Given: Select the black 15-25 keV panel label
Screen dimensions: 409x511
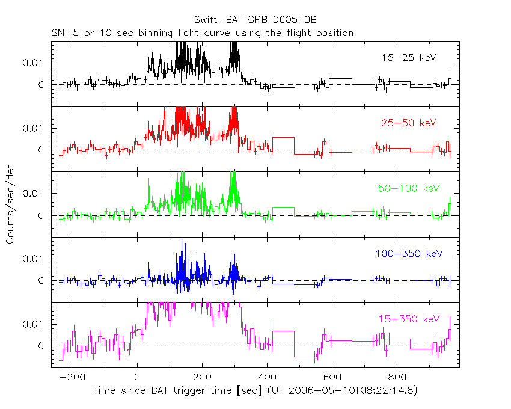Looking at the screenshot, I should pyautogui.click(x=408, y=58).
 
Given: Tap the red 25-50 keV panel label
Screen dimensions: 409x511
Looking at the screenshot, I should pyautogui.click(x=408, y=123).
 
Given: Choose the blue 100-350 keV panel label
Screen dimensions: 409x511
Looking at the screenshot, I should pyautogui.click(x=408, y=254).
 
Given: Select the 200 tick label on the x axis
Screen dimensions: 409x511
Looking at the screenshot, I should pyautogui.click(x=202, y=378).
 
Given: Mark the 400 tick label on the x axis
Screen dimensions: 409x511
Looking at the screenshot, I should pyautogui.click(x=267, y=378).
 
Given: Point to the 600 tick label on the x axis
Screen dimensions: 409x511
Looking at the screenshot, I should pyautogui.click(x=332, y=378).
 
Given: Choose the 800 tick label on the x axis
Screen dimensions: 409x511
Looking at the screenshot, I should pyautogui.click(x=397, y=378).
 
